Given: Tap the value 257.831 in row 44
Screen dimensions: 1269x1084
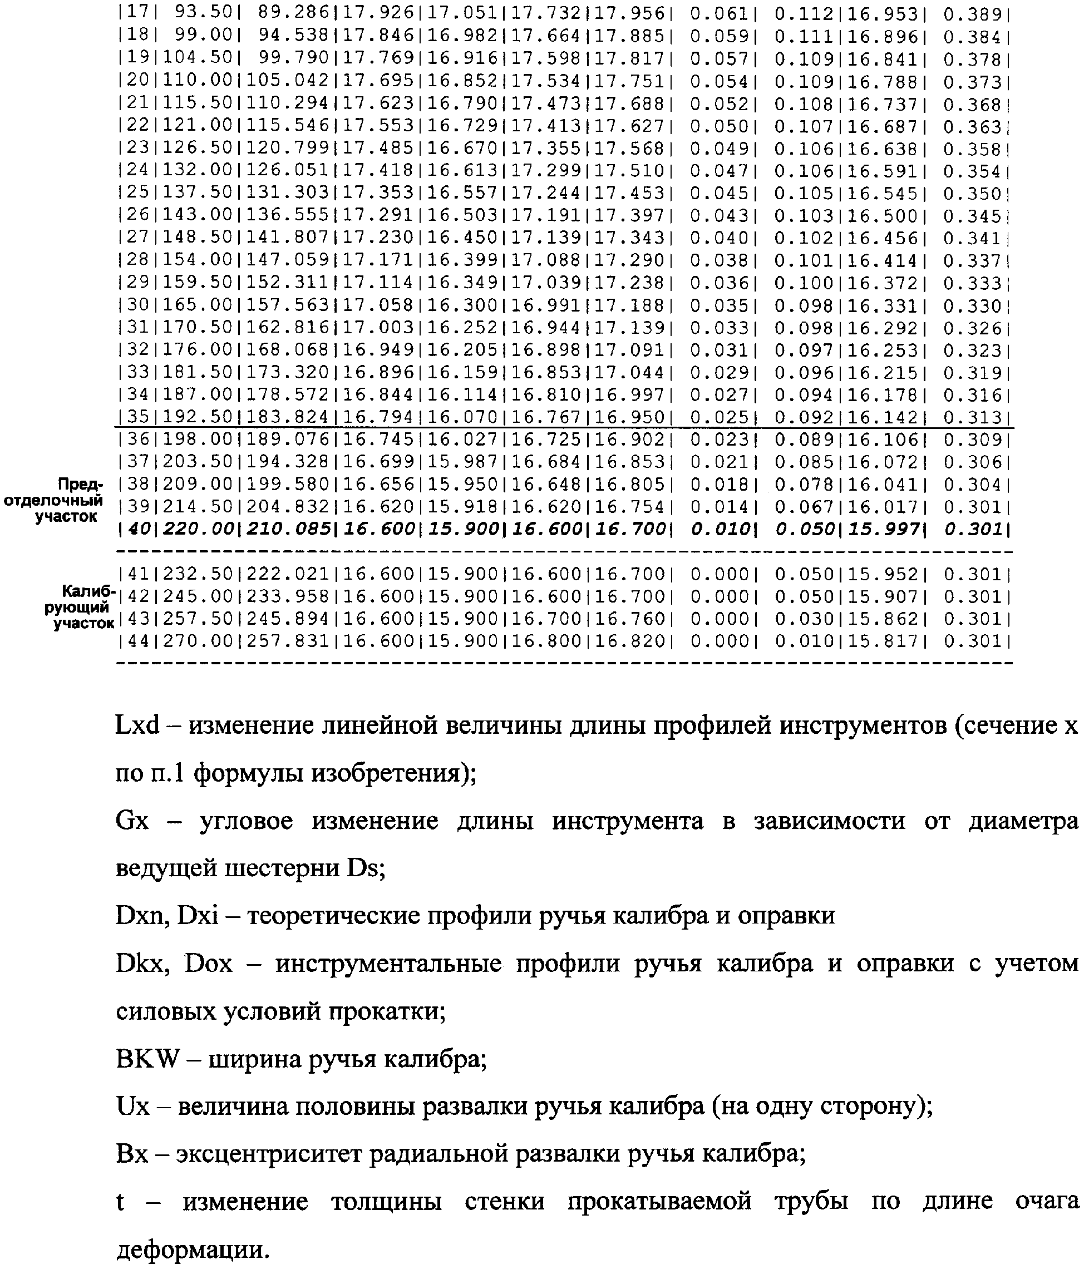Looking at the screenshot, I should click(x=288, y=641).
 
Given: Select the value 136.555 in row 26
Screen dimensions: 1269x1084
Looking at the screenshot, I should click(x=288, y=216).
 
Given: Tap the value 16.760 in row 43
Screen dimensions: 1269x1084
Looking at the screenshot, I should click(x=629, y=619).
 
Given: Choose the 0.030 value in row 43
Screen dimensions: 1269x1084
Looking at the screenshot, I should click(x=804, y=619).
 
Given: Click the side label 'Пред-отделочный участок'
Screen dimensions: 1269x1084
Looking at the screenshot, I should click(x=54, y=500).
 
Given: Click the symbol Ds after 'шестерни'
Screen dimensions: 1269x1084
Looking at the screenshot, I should click(x=365, y=868).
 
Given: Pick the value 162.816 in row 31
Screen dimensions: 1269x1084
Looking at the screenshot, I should click(x=288, y=328).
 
